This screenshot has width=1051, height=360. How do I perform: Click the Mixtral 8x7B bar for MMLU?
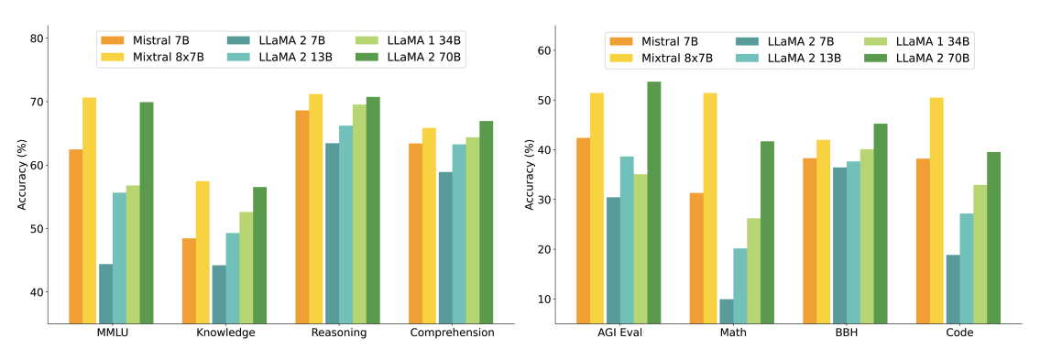click(x=89, y=210)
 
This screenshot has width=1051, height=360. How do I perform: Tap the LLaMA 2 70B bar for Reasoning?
click(x=373, y=210)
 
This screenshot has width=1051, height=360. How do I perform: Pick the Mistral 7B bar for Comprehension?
click(x=416, y=233)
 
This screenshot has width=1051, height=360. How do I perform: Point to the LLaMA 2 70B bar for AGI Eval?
click(x=654, y=202)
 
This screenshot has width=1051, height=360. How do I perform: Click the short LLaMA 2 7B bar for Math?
click(x=727, y=311)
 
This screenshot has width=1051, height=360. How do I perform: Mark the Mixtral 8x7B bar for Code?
click(x=936, y=210)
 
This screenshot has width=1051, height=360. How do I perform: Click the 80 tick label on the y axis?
click(x=37, y=38)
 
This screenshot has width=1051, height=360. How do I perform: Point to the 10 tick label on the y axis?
click(x=543, y=300)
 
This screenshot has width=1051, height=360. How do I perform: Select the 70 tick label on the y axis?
click(x=37, y=102)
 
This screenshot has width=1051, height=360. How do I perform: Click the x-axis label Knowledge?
click(x=225, y=333)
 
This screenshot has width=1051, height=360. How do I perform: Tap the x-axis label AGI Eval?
click(x=619, y=333)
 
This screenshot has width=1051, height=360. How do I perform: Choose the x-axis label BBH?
click(x=846, y=333)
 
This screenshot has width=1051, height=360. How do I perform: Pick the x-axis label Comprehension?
click(x=452, y=333)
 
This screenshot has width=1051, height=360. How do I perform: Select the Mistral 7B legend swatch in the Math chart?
click(x=620, y=41)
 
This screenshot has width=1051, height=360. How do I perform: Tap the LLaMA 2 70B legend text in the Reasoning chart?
click(x=424, y=58)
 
